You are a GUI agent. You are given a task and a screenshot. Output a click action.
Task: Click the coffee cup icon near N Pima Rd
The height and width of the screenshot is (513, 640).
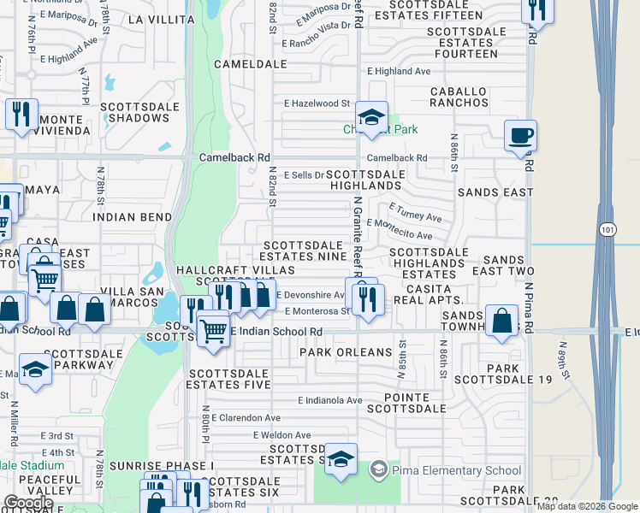[520, 136]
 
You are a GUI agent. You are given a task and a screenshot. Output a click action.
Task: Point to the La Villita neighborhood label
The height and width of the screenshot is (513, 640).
[161, 19]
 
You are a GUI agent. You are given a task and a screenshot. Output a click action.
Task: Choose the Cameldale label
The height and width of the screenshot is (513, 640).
[250, 64]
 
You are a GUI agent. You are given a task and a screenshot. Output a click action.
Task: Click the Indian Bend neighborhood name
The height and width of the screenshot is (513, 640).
[132, 217]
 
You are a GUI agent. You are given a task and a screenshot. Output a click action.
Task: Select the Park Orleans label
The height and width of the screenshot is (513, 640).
[333, 352]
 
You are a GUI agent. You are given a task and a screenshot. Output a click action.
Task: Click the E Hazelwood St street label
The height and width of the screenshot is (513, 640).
[317, 103]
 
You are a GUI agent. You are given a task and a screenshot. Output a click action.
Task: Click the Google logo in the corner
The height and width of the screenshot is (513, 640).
[28, 503]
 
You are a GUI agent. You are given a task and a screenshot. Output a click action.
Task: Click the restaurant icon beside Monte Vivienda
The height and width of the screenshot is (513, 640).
[20, 115]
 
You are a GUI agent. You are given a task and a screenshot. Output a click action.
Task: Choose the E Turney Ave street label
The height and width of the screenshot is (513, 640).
[416, 213]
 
